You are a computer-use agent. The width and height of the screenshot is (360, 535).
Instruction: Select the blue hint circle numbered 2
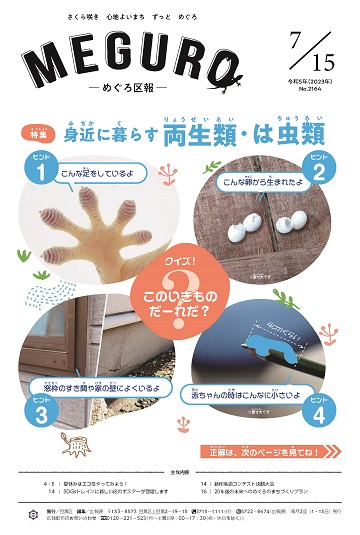[319, 171]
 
